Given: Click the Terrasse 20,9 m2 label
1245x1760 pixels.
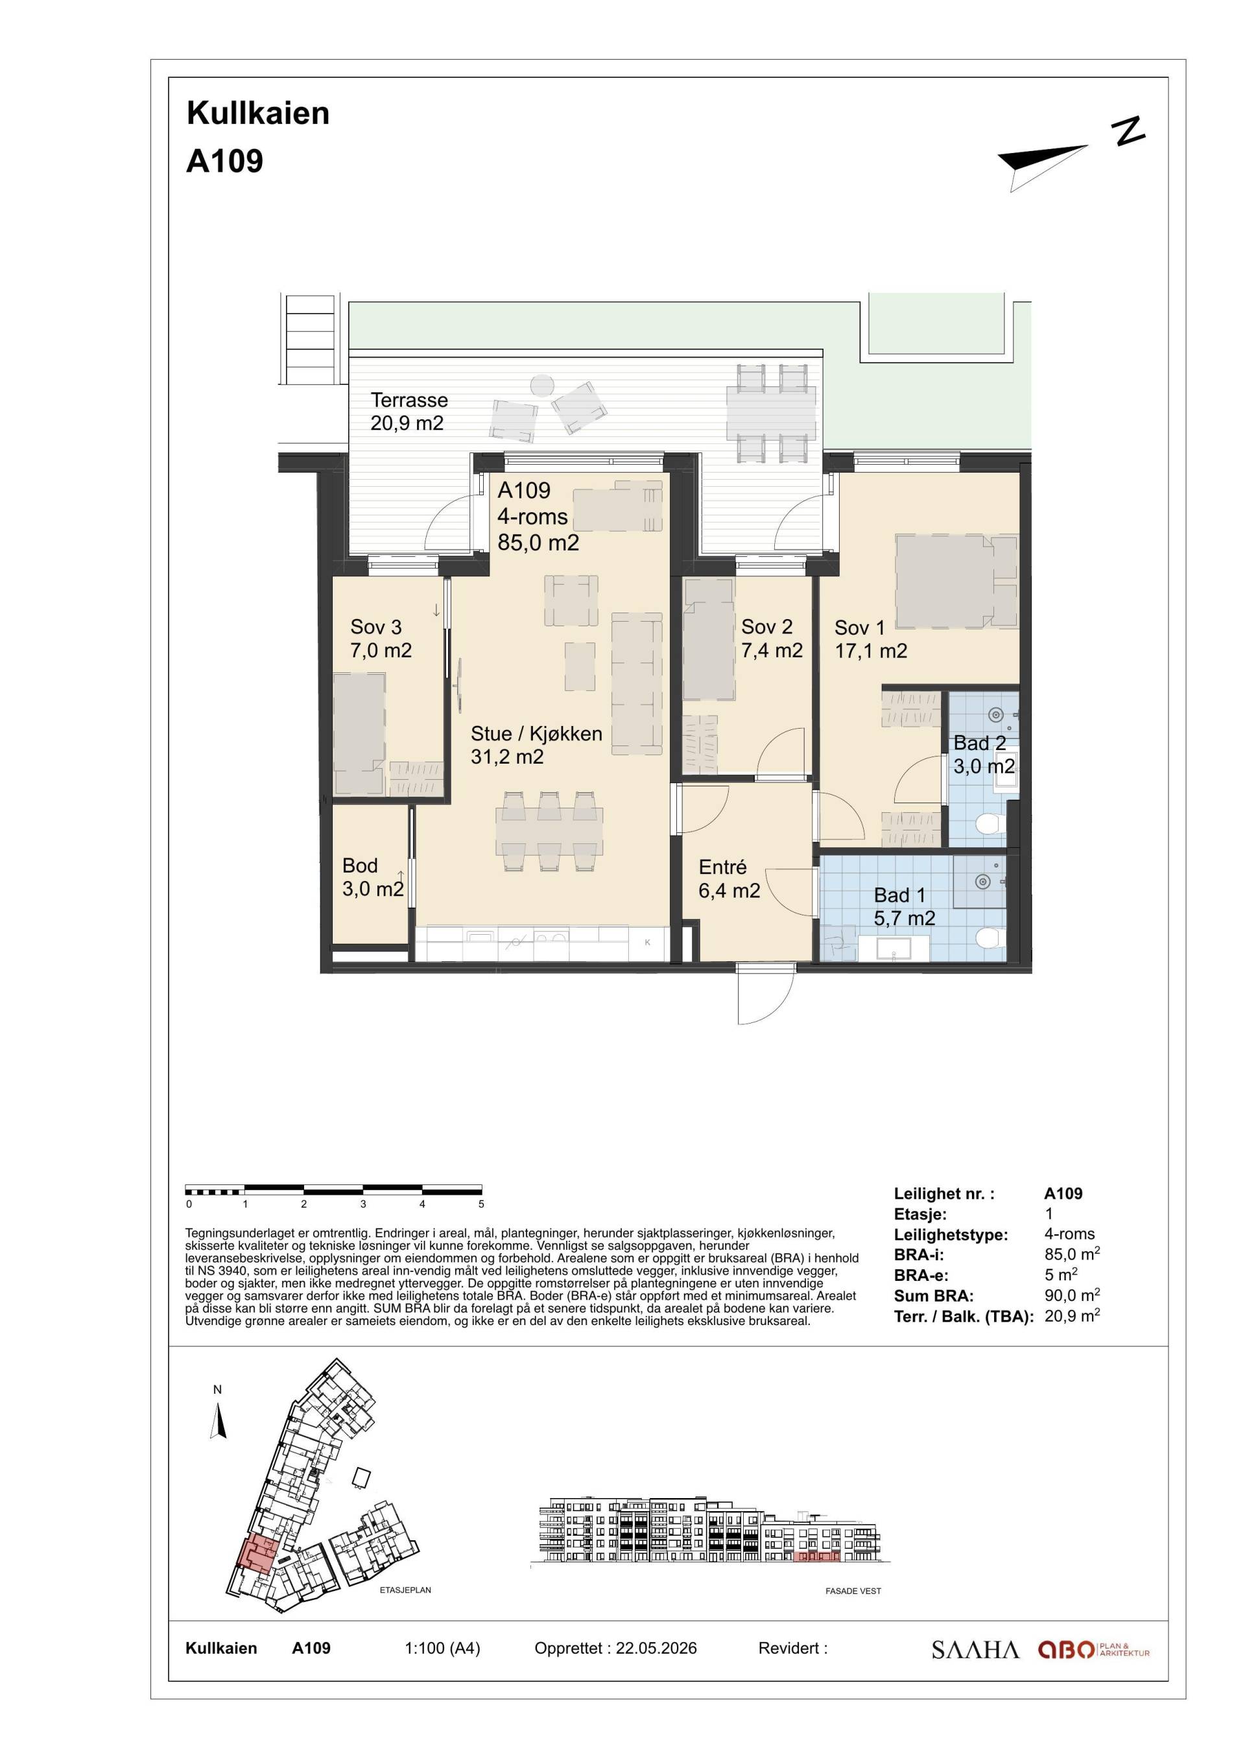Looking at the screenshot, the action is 409,412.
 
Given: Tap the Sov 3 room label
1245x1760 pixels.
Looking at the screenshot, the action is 381,639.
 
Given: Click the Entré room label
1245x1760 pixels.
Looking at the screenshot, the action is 729,878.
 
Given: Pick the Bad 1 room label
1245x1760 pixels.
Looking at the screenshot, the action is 905,906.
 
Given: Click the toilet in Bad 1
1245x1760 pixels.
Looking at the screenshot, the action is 991,937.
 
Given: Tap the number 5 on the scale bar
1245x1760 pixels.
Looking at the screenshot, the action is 481,1204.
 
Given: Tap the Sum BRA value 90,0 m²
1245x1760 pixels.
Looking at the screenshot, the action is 1073,1295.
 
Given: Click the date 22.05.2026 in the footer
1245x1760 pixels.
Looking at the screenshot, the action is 656,1648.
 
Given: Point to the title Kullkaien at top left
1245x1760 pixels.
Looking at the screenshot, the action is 258,113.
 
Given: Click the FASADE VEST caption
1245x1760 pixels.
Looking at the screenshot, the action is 853,1591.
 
